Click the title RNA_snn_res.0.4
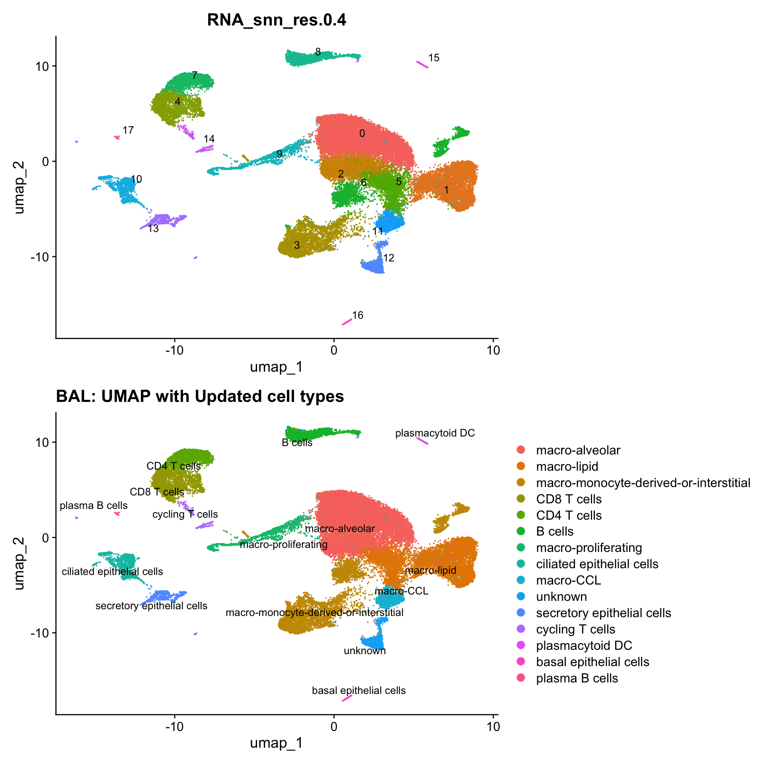pos(277,20)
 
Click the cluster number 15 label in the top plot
pos(434,58)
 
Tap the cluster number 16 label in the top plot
pos(358,316)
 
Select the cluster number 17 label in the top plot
pos(128,131)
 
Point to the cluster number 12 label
pos(388,258)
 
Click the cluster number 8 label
pos(318,52)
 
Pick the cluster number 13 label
pos(153,229)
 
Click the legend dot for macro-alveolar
pos(521,450)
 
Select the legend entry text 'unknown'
pos(561,597)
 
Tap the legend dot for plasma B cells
pos(521,678)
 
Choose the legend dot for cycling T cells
pos(521,629)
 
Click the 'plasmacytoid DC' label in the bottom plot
pos(435,433)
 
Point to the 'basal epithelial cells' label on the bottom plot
pos(359,690)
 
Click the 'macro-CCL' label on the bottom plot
pos(401,591)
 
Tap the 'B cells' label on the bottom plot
pos(297,443)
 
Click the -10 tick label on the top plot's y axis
pos(40,257)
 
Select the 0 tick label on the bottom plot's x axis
pos(334,727)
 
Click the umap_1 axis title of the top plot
pos(277,367)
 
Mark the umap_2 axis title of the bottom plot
pos(19,563)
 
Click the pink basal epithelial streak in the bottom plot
pos(347,699)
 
